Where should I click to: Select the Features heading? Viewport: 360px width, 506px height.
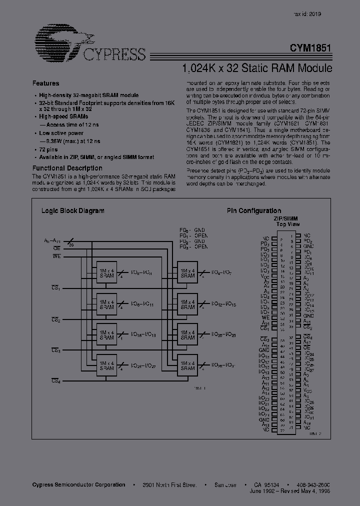45,83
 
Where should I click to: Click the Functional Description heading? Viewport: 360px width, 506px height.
67,168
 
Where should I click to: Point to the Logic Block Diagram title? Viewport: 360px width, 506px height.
72,211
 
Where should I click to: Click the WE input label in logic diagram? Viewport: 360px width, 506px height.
56,256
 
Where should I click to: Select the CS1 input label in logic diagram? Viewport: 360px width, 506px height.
55,287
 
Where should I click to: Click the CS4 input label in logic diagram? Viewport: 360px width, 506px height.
55,381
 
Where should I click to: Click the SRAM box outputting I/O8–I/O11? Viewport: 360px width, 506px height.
106,304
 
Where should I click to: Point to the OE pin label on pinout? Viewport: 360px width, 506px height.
307,347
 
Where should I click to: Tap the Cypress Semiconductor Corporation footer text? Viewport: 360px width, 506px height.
78,485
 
